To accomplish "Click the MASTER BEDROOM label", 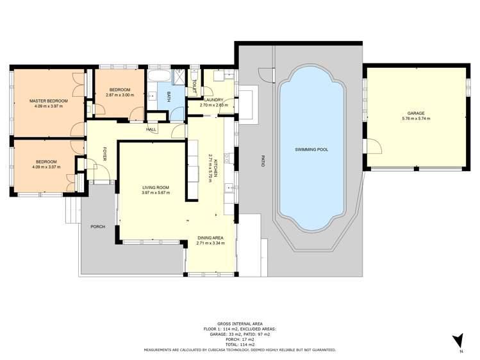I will click(48, 101).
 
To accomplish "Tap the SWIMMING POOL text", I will click(311, 149).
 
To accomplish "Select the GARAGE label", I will click(416, 113).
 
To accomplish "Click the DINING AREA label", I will click(211, 238).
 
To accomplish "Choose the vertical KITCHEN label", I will click(216, 168).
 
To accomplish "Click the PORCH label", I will click(97, 227).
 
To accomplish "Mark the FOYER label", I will click(104, 154).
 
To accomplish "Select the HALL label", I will click(151, 129).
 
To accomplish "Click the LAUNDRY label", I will click(211, 100).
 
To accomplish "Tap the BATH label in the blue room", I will click(169, 97).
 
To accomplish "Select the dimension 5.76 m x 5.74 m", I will click(416, 119).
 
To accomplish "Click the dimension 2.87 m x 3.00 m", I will click(119, 95).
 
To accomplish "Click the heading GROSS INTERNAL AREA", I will click(240, 324).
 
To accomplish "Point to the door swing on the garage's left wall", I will click(373, 146).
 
